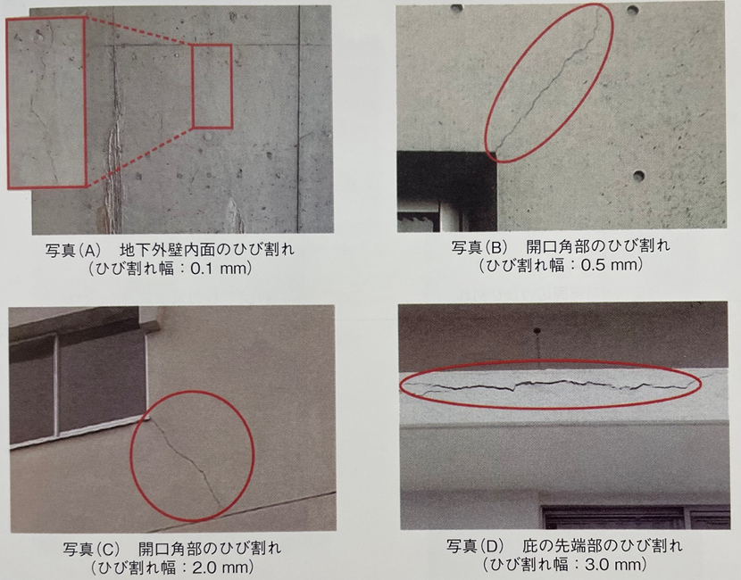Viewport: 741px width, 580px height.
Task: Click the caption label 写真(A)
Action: (x=73, y=249)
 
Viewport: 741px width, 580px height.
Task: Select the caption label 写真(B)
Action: (x=479, y=246)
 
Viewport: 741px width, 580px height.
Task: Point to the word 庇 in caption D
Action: (x=530, y=546)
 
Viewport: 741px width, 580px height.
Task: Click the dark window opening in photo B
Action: (x=446, y=191)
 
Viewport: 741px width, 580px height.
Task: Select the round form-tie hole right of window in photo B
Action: (x=638, y=176)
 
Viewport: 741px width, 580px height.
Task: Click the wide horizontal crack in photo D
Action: (x=553, y=383)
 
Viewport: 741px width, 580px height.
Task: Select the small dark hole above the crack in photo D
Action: (x=537, y=331)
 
